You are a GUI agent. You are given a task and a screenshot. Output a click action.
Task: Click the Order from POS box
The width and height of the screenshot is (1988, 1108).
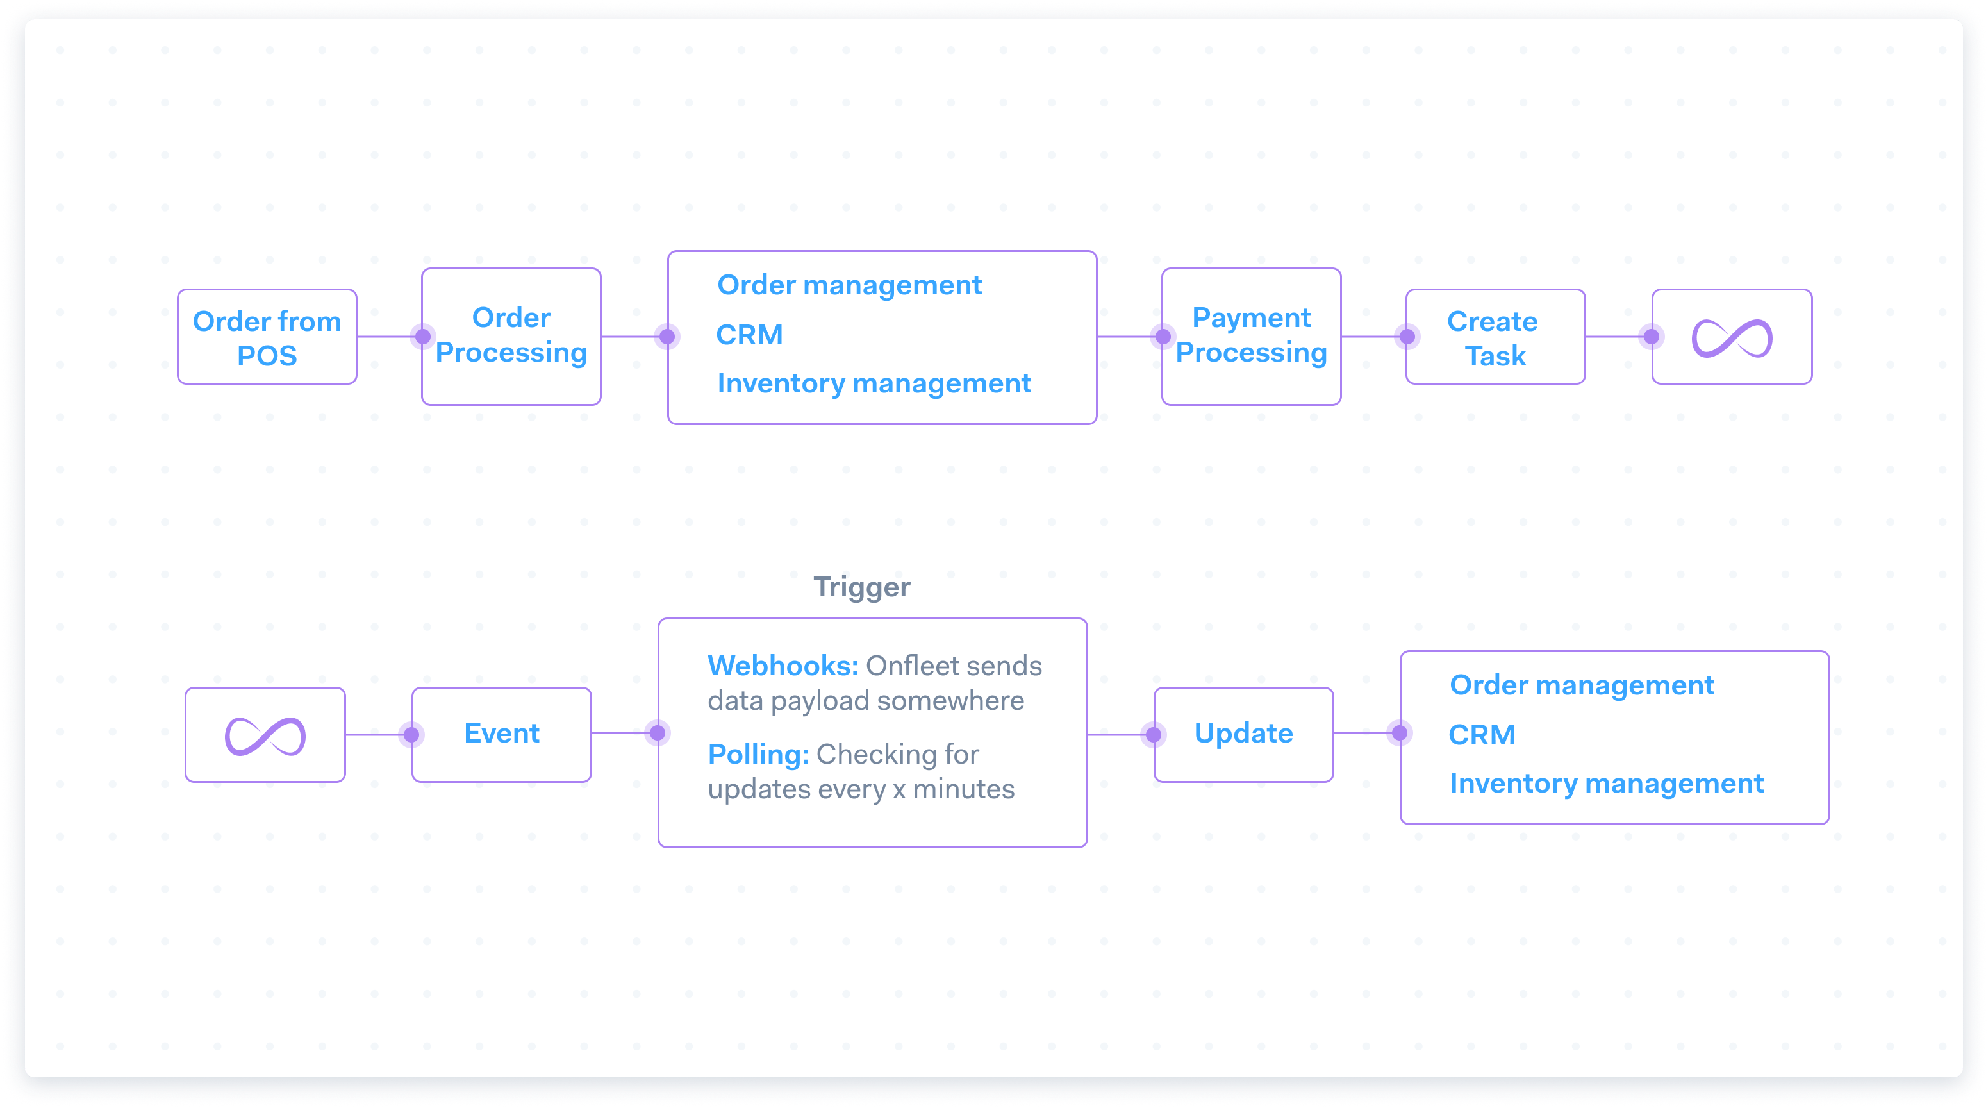(267, 337)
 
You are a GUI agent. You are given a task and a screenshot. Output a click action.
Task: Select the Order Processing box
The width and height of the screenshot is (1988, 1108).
(511, 336)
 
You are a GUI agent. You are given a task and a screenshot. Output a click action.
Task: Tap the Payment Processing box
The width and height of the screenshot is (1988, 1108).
(1251, 336)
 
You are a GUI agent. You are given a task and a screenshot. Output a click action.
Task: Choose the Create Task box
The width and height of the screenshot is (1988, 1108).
(1495, 337)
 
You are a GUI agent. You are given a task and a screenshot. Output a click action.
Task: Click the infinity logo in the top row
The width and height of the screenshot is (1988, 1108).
(1732, 337)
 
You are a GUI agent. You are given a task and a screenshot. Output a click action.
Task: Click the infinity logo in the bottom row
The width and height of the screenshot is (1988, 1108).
(265, 735)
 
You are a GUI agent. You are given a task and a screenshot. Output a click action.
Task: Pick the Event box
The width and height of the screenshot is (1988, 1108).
(502, 734)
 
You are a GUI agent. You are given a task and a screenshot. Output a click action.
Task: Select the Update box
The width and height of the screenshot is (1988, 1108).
(1243, 734)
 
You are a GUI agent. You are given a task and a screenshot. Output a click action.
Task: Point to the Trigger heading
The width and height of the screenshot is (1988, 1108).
(862, 587)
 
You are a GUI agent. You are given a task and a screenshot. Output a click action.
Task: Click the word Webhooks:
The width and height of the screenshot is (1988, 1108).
(783, 666)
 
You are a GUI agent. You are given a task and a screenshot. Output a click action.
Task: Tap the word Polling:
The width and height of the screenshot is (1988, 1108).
(758, 754)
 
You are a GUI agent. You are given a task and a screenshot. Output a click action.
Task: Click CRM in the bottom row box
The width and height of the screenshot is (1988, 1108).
(1482, 735)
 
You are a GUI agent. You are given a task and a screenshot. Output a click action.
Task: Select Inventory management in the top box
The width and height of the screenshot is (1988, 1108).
(874, 383)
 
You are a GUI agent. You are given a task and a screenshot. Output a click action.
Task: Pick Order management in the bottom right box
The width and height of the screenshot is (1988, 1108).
(1581, 685)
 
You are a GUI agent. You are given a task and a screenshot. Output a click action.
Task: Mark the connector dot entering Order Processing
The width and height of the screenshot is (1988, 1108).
(423, 337)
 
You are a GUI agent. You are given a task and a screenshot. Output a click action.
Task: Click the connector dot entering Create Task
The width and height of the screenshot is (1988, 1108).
(1407, 337)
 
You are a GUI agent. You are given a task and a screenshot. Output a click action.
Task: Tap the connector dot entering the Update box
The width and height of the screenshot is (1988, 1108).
(1154, 734)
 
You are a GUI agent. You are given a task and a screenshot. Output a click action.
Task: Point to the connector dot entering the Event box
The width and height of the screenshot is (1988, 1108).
(412, 734)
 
